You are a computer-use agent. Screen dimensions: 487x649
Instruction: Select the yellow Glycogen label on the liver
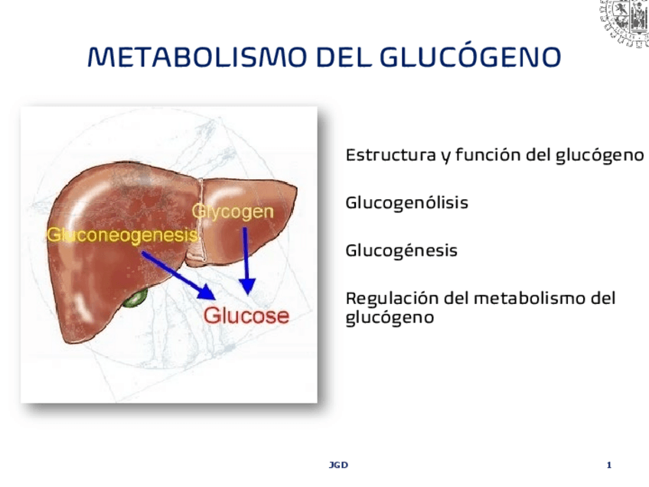tap(233, 211)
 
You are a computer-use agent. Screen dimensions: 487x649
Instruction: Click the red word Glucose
tap(246, 315)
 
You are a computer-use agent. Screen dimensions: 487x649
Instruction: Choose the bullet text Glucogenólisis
tap(406, 204)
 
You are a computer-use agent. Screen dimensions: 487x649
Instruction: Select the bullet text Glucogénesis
tap(401, 250)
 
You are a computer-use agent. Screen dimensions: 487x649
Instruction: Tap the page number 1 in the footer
tap(608, 465)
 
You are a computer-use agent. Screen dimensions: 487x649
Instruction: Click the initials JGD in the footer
tap(338, 465)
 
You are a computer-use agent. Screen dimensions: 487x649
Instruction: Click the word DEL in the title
tap(344, 57)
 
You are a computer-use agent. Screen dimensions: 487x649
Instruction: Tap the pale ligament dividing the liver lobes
tap(201, 222)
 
